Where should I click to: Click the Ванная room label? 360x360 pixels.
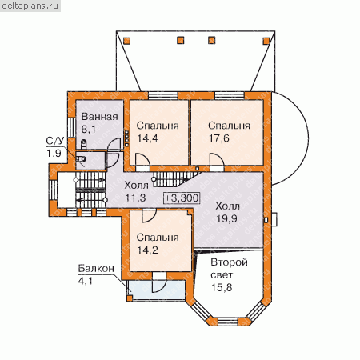[x=99, y=117]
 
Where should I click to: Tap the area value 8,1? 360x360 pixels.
[x=89, y=130]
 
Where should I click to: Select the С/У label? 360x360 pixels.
[x=55, y=141]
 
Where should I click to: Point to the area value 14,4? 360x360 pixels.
[x=147, y=138]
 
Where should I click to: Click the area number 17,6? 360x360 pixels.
[x=219, y=138]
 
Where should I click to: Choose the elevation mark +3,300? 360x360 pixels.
[x=182, y=198]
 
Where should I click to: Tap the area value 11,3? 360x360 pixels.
[x=135, y=198]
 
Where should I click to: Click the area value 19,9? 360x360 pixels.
[x=226, y=218]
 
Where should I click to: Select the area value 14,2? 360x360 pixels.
[x=147, y=250]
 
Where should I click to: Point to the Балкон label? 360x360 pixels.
[x=96, y=269]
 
